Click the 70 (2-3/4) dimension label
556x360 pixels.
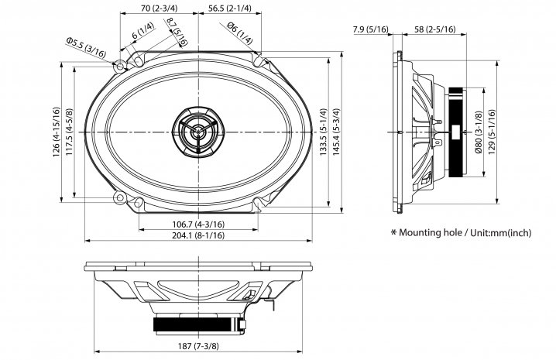click(160, 9)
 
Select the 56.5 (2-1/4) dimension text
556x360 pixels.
click(230, 9)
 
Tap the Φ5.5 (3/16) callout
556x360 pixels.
click(86, 47)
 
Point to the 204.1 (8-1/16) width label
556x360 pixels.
click(198, 235)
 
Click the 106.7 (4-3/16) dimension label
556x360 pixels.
click(198, 225)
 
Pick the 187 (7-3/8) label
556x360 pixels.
click(198, 346)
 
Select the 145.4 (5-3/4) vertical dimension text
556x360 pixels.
click(337, 132)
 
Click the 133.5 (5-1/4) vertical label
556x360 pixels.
click(323, 132)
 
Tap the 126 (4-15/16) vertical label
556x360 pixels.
click(57, 132)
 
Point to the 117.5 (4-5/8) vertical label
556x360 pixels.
click(69, 132)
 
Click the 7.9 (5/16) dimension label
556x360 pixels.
click(371, 29)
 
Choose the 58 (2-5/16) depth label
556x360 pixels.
click(434, 29)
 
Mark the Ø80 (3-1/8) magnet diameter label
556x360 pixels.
click(479, 132)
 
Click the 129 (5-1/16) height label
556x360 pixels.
click(492, 132)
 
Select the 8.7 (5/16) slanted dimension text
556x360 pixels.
click(177, 32)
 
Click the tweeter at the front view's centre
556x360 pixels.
click(198, 132)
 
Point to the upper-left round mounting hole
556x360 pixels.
click(120, 67)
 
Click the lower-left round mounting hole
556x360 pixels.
click(120, 197)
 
